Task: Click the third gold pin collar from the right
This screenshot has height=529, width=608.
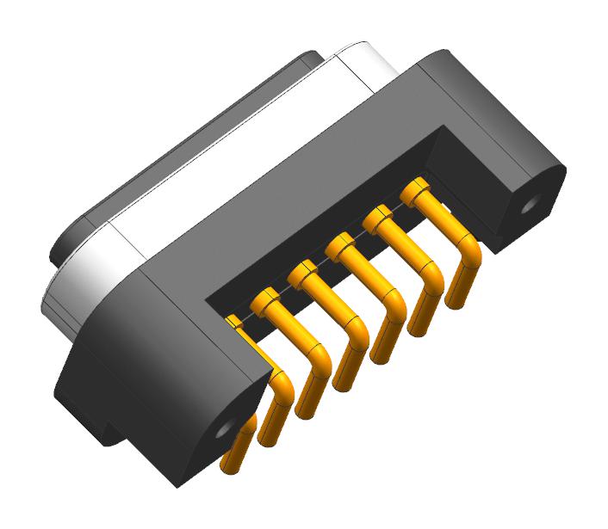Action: (341, 247)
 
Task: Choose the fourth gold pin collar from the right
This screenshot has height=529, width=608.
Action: (303, 274)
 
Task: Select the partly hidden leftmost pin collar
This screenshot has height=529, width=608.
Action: (233, 322)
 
